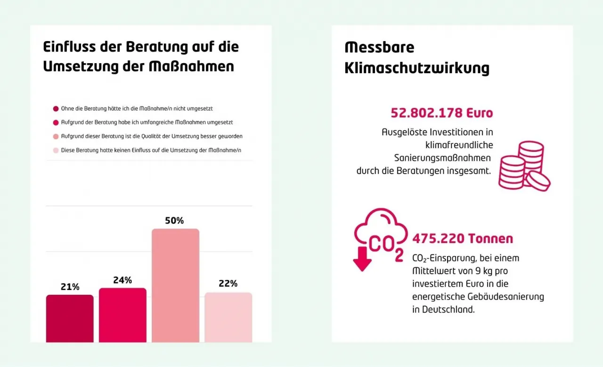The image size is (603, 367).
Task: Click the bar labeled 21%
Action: (70, 318)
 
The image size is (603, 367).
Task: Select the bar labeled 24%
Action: (122, 315)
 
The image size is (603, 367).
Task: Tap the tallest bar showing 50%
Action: (175, 285)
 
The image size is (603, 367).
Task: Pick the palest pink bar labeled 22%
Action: (228, 317)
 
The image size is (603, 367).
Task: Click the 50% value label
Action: (174, 220)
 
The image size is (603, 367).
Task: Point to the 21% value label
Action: (70, 287)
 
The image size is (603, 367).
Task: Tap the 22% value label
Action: (228, 284)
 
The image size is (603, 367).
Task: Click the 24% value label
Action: (122, 280)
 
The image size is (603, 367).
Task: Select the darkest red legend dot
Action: (56, 108)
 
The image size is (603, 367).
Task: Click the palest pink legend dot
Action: (56, 150)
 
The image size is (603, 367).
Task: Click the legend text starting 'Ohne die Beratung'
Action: (137, 108)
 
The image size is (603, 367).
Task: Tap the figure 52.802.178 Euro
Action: (442, 113)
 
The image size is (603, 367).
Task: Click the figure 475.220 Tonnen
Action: (463, 239)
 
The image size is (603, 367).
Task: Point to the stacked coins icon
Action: (523, 166)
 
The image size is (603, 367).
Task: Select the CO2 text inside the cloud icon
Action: (386, 245)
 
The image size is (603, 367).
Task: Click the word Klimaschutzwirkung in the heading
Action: (417, 68)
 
